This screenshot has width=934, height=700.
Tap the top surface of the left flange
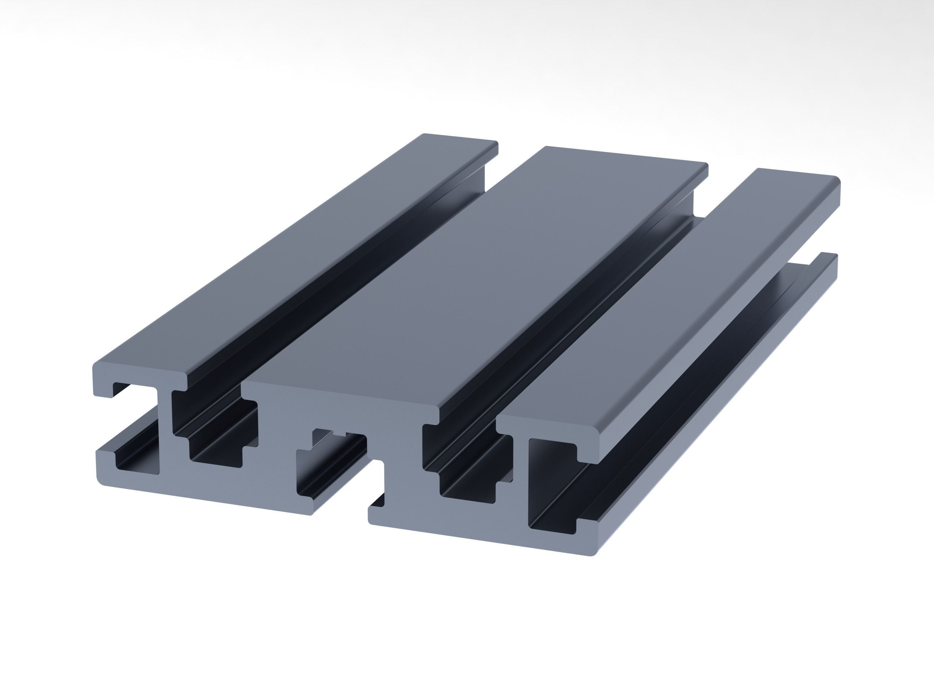tap(296, 253)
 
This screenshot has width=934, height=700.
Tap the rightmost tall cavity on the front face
tap(549, 485)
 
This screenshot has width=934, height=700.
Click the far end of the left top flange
tap(460, 139)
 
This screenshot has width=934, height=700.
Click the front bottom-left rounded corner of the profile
tap(101, 481)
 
